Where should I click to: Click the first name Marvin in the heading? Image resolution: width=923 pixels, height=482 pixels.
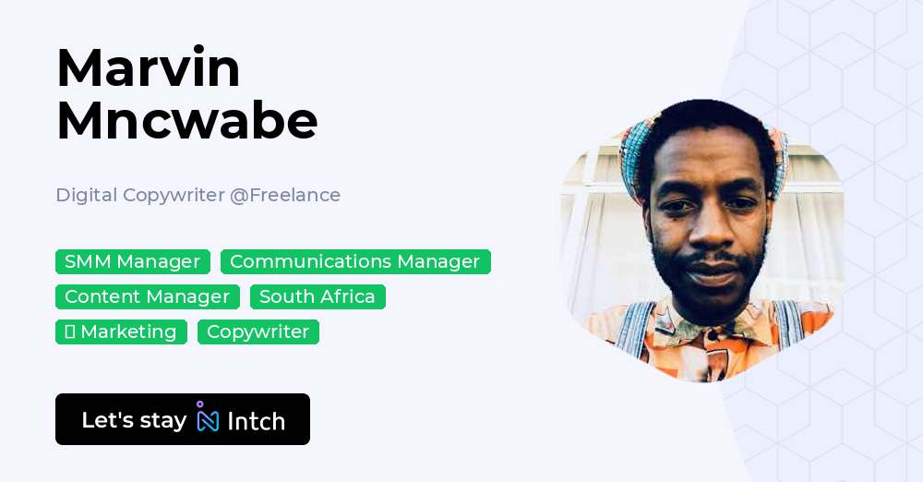point(148,67)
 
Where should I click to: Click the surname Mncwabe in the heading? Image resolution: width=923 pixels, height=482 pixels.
point(186,120)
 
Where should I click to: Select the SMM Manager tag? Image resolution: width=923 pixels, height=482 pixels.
point(132,261)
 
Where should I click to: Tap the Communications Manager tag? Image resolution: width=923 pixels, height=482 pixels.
point(355,261)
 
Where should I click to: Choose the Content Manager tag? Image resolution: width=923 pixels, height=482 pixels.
point(147,296)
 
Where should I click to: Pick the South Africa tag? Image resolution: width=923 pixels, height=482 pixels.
point(318,296)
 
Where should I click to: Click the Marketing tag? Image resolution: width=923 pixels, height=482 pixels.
point(128,331)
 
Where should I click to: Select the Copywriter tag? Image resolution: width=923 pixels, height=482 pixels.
point(258,331)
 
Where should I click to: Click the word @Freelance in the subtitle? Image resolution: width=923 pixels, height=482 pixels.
point(285,195)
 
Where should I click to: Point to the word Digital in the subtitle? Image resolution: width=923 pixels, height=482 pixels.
point(86,195)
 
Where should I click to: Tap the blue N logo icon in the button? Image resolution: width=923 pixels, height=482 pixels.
point(208,420)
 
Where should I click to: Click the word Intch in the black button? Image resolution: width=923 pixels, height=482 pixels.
point(256,421)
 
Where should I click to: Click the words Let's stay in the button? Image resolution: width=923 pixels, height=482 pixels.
point(134,420)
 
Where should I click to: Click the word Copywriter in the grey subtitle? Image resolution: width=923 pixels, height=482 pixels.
point(174,195)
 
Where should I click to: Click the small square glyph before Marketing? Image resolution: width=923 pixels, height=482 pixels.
point(69,331)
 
